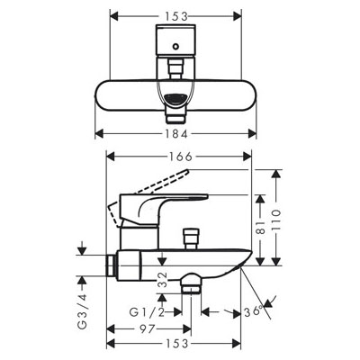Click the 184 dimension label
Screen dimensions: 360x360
[x=176, y=134]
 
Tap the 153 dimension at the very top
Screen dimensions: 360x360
[x=176, y=16]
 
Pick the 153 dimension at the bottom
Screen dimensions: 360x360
[x=176, y=344]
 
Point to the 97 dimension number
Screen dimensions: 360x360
[x=148, y=328]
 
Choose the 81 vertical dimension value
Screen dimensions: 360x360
[x=260, y=227]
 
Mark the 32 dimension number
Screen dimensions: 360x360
[x=162, y=280]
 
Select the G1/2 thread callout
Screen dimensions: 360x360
[x=147, y=312]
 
